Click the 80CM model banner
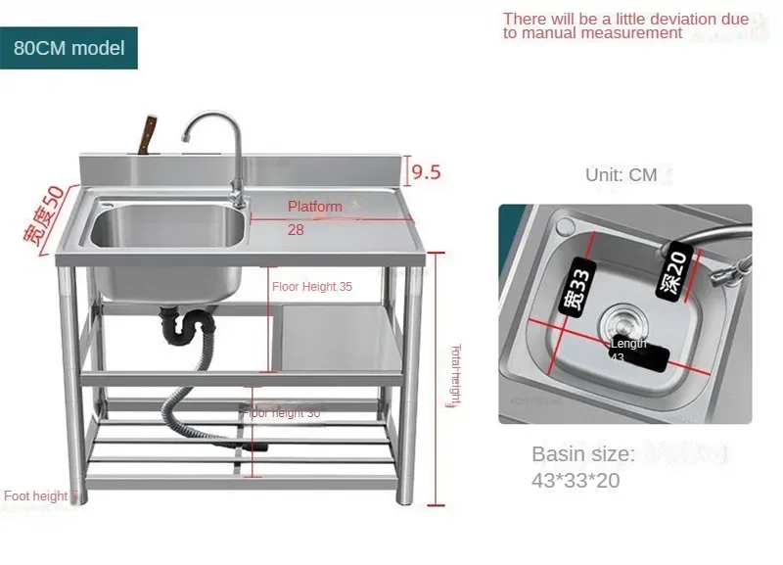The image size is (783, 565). click(x=69, y=48)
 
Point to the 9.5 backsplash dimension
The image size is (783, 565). click(x=425, y=172)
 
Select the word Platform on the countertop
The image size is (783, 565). click(x=315, y=207)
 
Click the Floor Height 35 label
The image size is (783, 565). click(x=312, y=287)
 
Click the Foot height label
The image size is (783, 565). click(x=37, y=496)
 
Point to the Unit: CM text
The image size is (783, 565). click(x=622, y=175)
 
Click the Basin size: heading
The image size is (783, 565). click(x=583, y=454)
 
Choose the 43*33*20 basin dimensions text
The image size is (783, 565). click(x=576, y=481)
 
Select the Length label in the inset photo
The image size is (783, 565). click(x=628, y=344)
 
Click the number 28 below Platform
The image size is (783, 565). click(x=296, y=229)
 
